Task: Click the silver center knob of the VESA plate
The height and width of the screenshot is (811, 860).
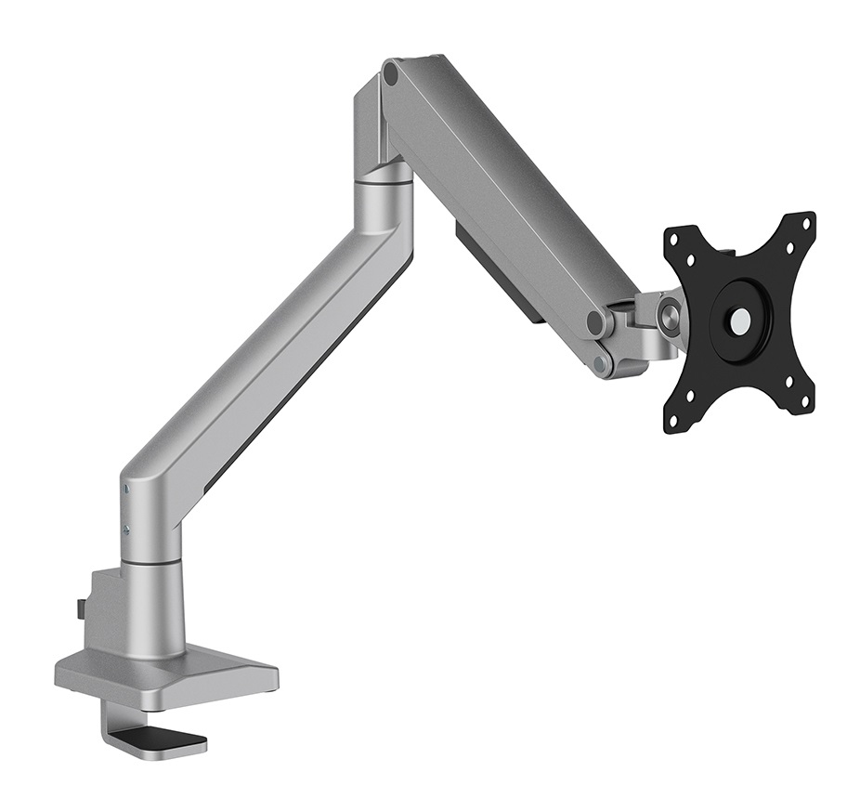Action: (x=740, y=321)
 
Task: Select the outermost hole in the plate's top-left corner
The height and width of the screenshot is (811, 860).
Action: (x=674, y=236)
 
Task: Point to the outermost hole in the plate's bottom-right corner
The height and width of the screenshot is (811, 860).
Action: (x=804, y=405)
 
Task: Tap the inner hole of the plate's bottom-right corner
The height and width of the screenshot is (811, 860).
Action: (x=788, y=382)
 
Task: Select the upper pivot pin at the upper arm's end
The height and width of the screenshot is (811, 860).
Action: (x=594, y=322)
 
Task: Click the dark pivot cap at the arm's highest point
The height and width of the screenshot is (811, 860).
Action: (x=391, y=73)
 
